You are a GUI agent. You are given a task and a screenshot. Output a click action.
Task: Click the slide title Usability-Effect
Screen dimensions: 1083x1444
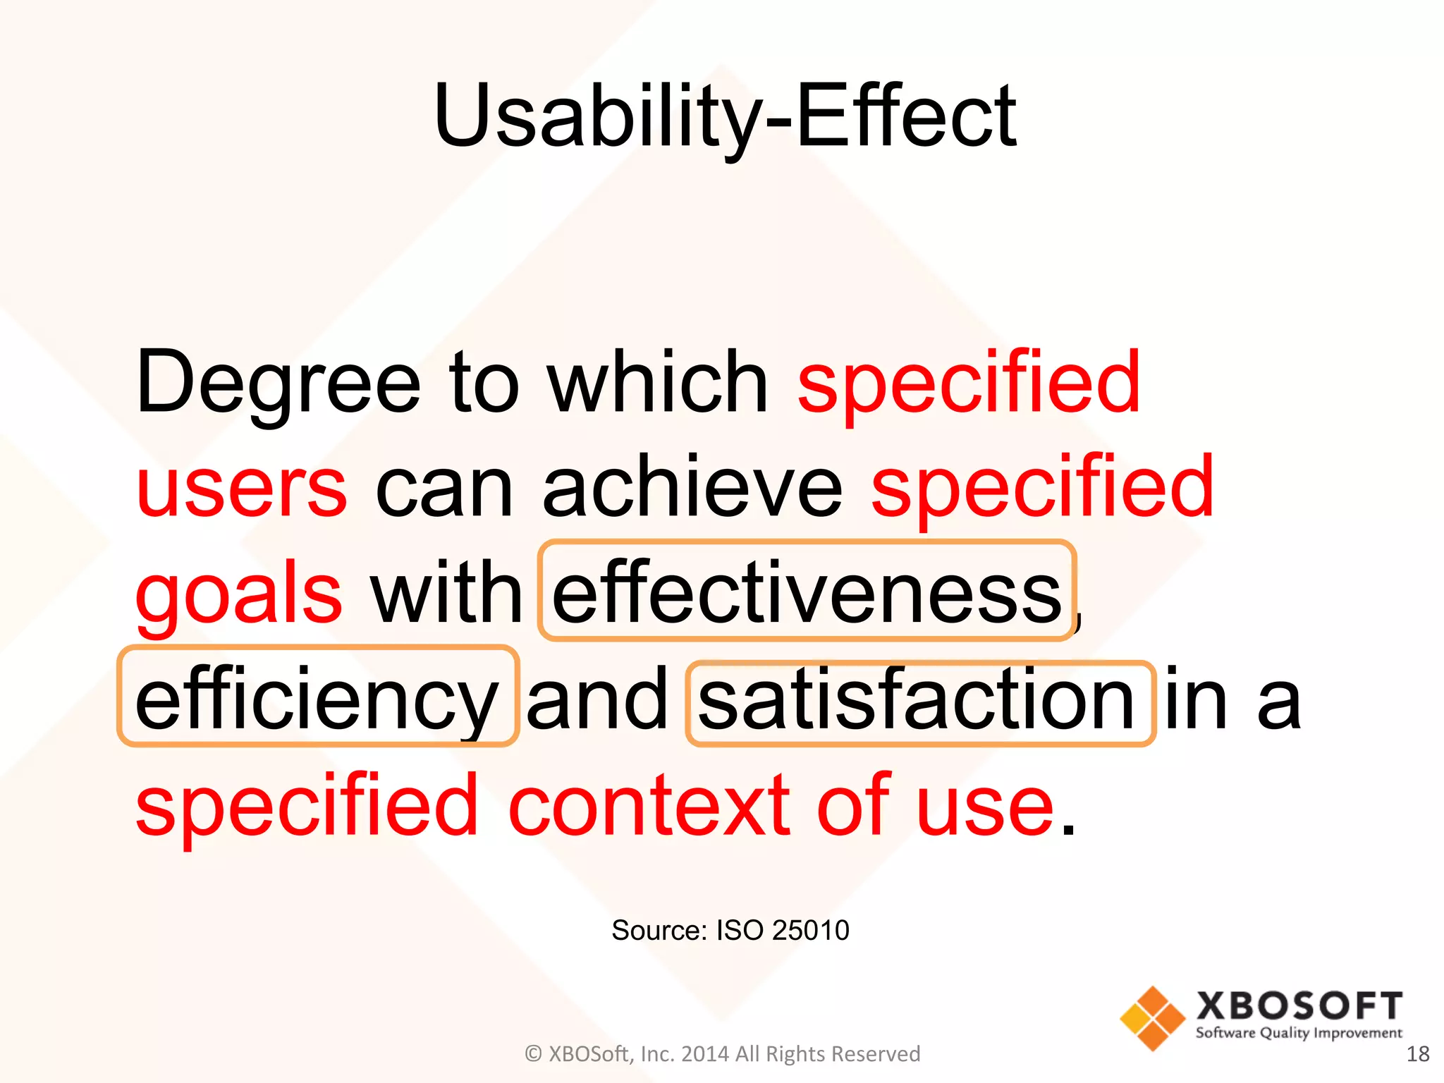coord(725,116)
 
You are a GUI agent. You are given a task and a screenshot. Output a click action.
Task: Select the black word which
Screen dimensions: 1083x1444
coord(658,382)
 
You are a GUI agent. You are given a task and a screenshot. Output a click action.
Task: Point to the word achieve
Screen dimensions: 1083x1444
coord(692,487)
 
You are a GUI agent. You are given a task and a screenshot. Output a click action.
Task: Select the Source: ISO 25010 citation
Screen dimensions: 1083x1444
coord(730,931)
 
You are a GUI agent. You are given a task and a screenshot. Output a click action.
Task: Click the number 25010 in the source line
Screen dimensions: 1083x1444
coord(810,931)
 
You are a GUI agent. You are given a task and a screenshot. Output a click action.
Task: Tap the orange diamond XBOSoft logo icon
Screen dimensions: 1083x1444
coord(1153,1018)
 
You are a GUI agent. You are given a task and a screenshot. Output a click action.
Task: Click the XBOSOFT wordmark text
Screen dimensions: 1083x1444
coord(1299,1006)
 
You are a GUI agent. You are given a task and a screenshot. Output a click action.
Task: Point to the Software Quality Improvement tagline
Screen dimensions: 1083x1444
coord(1299,1034)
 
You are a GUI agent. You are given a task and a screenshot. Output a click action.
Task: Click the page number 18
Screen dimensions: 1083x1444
coord(1417,1054)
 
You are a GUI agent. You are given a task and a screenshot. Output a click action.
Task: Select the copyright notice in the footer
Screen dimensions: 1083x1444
coord(722,1054)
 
